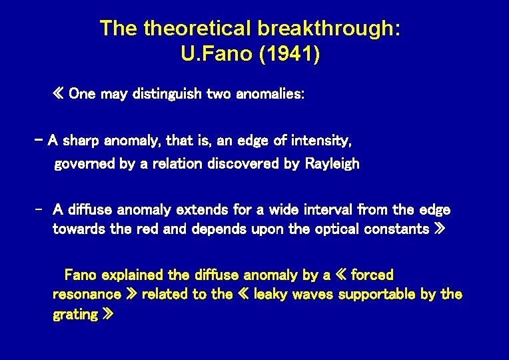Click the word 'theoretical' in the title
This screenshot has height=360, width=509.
(x=197, y=29)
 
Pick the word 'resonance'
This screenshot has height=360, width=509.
(x=87, y=294)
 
